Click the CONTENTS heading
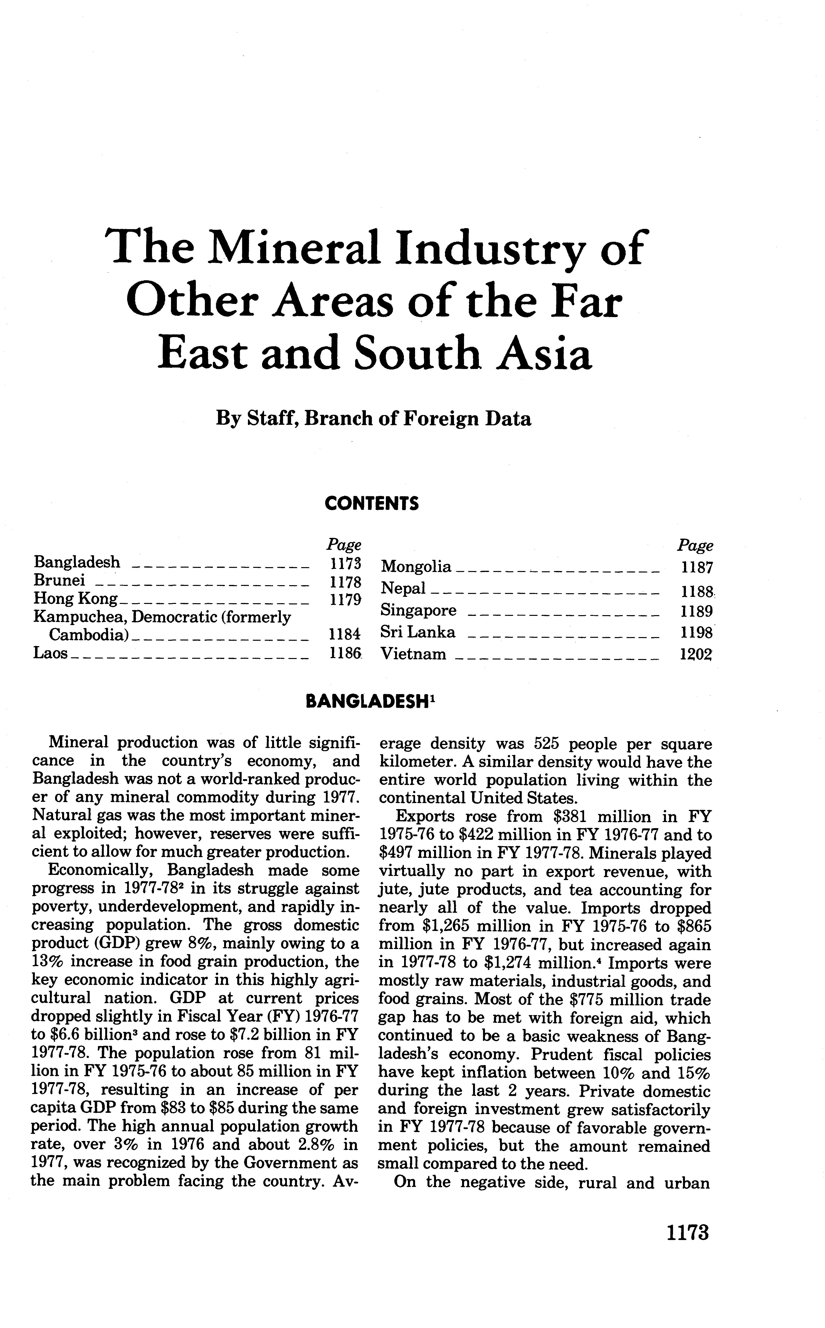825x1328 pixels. click(371, 503)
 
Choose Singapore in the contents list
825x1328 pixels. click(418, 610)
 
